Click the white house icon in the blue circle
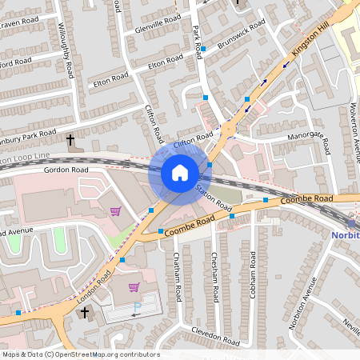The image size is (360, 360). [180, 173]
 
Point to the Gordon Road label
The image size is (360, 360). [66, 170]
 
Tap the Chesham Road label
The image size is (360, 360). [214, 277]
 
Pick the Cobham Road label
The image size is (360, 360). [252, 277]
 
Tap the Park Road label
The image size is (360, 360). [198, 41]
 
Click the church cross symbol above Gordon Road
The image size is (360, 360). [71, 141]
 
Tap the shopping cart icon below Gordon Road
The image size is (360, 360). [116, 211]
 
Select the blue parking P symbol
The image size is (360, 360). [137, 307]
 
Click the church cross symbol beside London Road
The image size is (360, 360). [85, 311]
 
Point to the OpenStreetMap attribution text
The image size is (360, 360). [81, 354]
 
